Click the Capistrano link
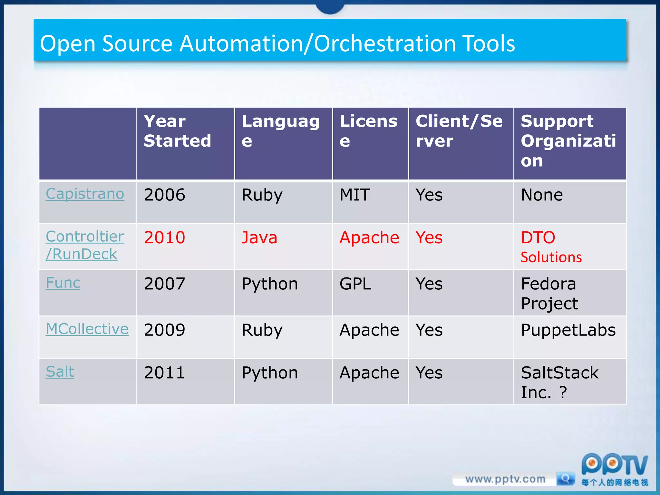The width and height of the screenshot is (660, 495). tap(85, 194)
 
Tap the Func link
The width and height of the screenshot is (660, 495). tap(63, 283)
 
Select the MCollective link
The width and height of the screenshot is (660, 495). tap(87, 329)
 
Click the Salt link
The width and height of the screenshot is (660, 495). tap(60, 372)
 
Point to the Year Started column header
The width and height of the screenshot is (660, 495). tap(177, 131)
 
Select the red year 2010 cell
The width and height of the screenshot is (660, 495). tap(164, 238)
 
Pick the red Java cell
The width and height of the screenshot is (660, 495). tap(259, 238)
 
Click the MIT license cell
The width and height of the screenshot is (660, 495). tap(355, 195)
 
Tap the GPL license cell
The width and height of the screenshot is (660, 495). tap(355, 284)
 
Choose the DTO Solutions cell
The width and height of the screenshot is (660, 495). tap(551, 247)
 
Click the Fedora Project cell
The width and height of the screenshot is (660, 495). tap(549, 293)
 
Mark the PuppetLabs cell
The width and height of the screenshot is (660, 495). tap(568, 330)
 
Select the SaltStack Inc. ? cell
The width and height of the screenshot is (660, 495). tap(559, 382)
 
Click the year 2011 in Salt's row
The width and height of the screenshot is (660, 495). tap(164, 373)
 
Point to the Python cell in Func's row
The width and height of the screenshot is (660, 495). tap(270, 284)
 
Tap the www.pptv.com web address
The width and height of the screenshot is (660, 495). tap(505, 479)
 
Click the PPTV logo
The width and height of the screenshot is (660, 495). tap(614, 466)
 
